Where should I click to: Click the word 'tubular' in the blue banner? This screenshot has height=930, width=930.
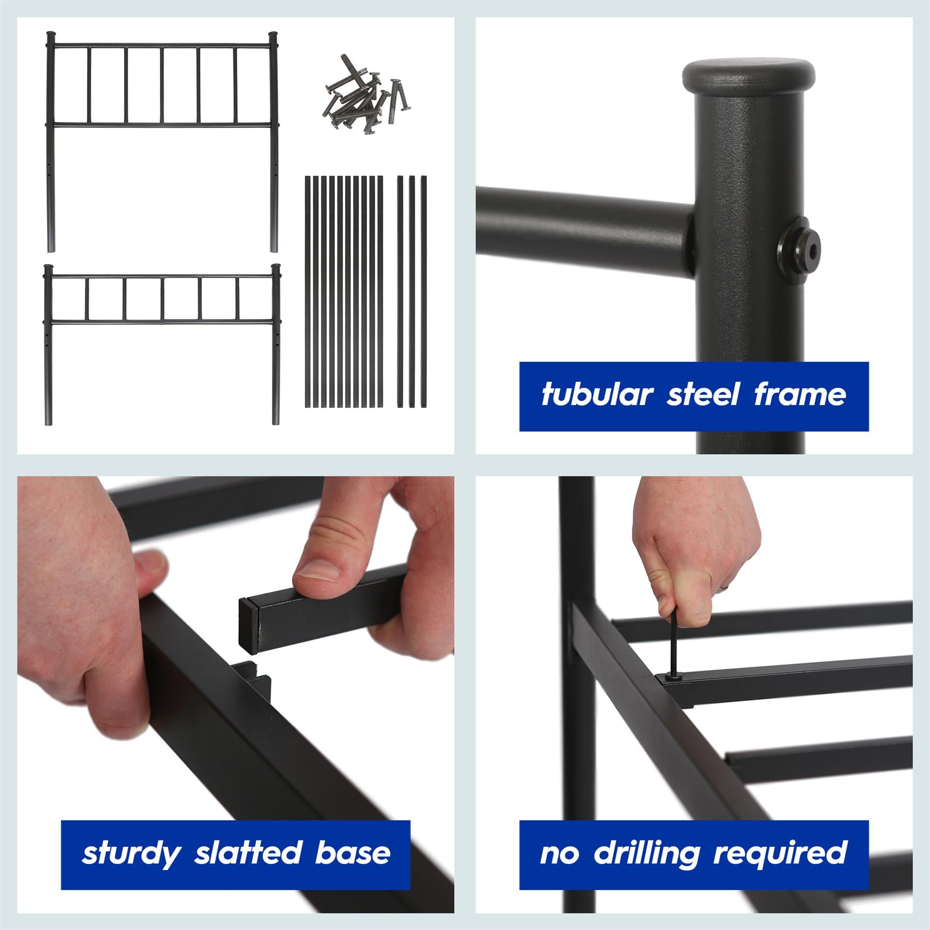pos(596,396)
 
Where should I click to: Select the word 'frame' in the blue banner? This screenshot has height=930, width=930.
pos(800,395)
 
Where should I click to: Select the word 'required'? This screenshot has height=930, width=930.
pos(780,854)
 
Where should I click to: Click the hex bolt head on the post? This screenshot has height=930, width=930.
pos(794,252)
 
